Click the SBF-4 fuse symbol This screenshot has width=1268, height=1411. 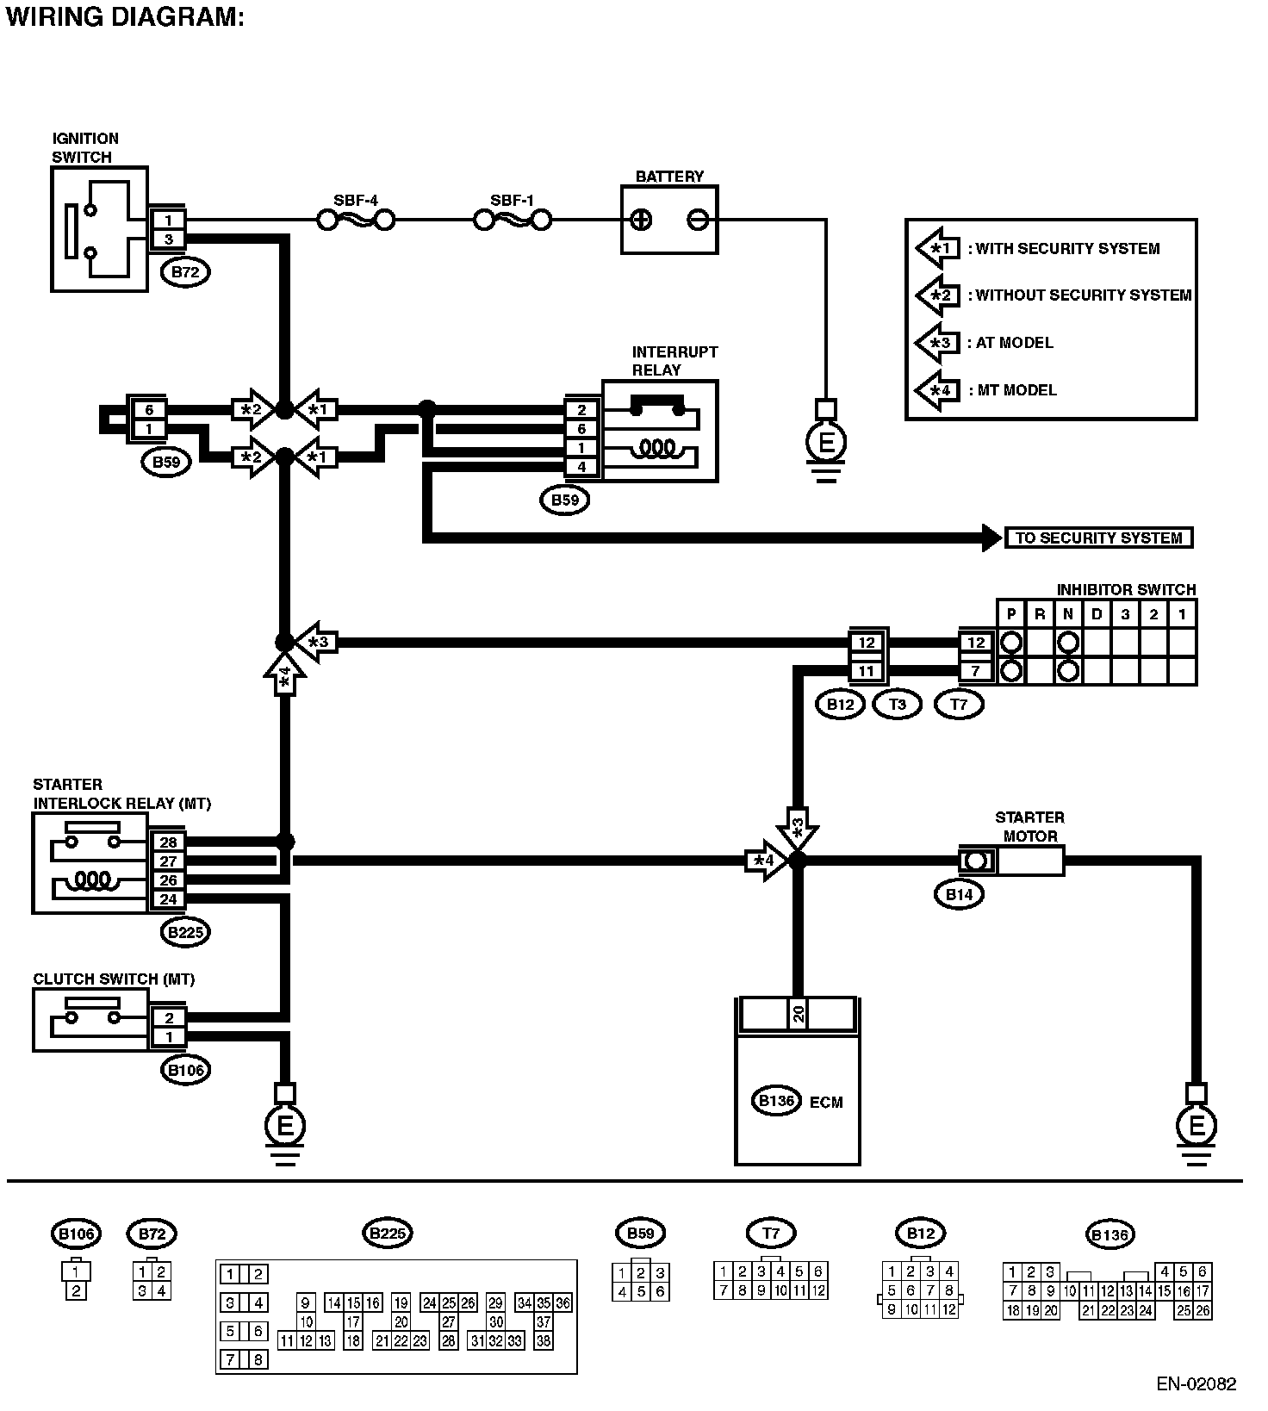click(356, 221)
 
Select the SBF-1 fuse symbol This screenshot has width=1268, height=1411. click(513, 221)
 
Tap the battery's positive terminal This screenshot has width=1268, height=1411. click(641, 221)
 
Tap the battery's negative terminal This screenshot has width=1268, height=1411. click(698, 221)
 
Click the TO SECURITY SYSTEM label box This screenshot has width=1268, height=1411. click(1098, 538)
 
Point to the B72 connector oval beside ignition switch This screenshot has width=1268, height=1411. click(185, 273)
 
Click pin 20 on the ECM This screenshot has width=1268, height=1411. click(799, 1014)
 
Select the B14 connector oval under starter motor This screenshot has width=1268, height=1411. click(959, 894)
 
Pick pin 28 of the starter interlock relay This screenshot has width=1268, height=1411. click(168, 842)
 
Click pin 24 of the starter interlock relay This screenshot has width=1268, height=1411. click(168, 899)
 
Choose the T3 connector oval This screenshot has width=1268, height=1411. click(897, 704)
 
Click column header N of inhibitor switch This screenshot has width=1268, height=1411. click(1068, 614)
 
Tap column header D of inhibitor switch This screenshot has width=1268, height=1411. click(1097, 614)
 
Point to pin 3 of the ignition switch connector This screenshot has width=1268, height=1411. click(168, 239)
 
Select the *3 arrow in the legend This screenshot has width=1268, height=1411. click(937, 343)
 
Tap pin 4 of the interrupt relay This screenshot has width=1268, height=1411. click(582, 467)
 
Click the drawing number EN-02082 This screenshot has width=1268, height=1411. click(1196, 1384)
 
